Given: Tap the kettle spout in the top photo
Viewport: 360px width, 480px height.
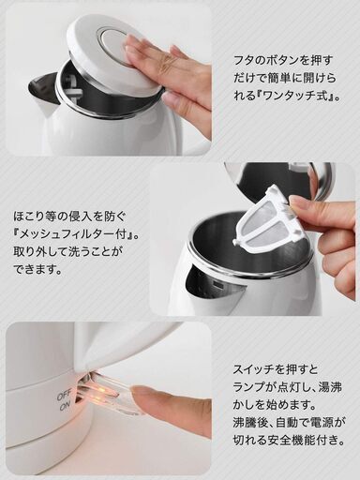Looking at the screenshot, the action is [x=44, y=94].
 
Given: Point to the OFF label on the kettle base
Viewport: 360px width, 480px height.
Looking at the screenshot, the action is [x=65, y=396].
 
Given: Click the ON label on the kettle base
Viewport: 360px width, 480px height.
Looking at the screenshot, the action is [x=66, y=406].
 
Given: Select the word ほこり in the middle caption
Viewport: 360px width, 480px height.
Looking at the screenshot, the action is [x=30, y=216].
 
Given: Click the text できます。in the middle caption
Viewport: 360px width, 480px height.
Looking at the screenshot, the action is [x=37, y=268].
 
